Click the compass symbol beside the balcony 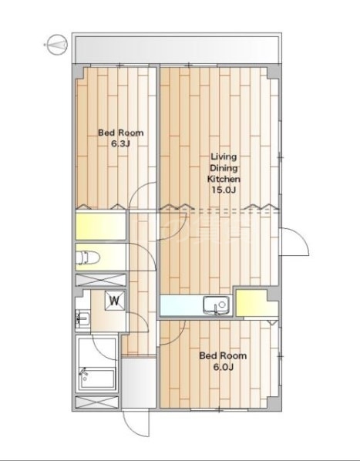click(x=57, y=45)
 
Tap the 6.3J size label click(x=120, y=144)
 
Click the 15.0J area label click(x=224, y=190)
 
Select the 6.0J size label click(x=223, y=367)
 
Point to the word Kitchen click(x=224, y=179)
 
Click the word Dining click(x=224, y=168)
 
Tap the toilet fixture click(x=88, y=257)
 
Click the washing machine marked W click(x=115, y=301)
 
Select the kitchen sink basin click(x=217, y=305)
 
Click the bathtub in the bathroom click(x=98, y=379)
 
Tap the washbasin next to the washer click(x=82, y=318)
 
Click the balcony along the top click(x=177, y=48)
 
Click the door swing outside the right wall click(x=294, y=241)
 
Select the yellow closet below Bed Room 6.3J click(x=101, y=226)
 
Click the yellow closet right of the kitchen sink click(x=257, y=303)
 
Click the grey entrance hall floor click(x=139, y=382)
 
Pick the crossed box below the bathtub click(x=97, y=402)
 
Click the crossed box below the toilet click(x=101, y=280)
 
